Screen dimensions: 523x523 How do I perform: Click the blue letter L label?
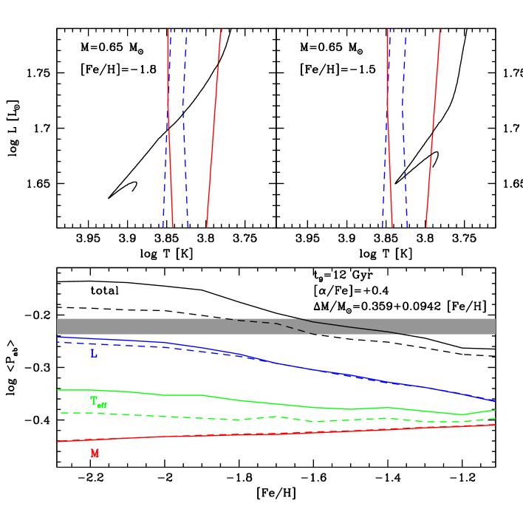pyautogui.click(x=94, y=354)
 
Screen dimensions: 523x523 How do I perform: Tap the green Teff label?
pyautogui.click(x=98, y=402)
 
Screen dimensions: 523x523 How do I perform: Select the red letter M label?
pyautogui.click(x=95, y=454)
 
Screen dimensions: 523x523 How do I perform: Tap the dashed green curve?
pyautogui.click(x=222, y=419)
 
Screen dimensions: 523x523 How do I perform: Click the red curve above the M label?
pyautogui.click(x=259, y=434)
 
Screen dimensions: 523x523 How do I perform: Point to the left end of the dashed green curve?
pyautogui.click(x=61, y=413)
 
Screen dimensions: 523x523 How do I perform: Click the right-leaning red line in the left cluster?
pyautogui.click(x=214, y=126)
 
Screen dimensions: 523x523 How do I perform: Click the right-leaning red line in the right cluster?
pyautogui.click(x=434, y=126)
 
